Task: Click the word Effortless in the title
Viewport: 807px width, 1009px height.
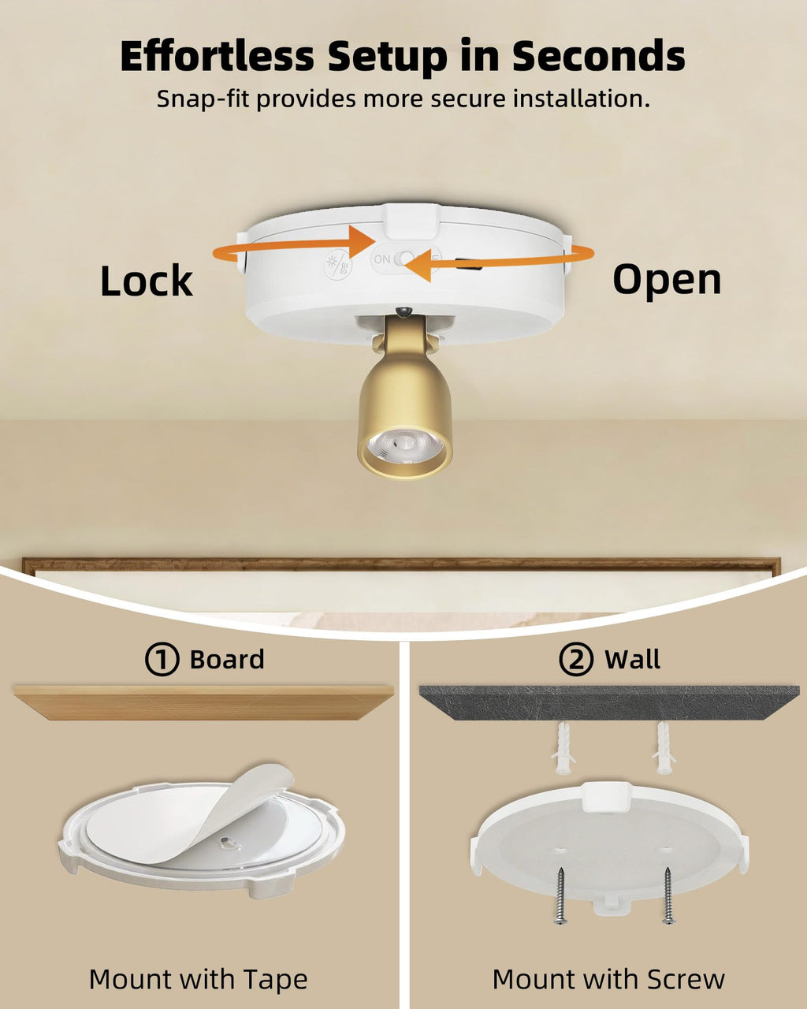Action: (217, 56)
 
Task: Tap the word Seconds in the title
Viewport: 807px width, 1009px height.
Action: (598, 56)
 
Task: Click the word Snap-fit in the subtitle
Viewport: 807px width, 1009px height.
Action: (202, 99)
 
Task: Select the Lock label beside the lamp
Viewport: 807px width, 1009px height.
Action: (147, 281)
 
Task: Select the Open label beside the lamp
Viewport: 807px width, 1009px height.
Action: (667, 281)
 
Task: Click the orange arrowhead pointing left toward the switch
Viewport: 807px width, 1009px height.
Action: (418, 266)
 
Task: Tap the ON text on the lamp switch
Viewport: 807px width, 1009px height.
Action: (382, 259)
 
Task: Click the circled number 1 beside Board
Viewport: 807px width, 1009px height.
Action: (162, 659)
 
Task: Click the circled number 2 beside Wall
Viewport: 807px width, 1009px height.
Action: (576, 659)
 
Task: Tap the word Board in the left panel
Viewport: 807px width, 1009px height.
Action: (227, 660)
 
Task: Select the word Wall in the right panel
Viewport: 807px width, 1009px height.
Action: (632, 660)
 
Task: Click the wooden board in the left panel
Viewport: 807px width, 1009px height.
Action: (203, 703)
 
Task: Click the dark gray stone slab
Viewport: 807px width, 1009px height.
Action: (609, 703)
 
